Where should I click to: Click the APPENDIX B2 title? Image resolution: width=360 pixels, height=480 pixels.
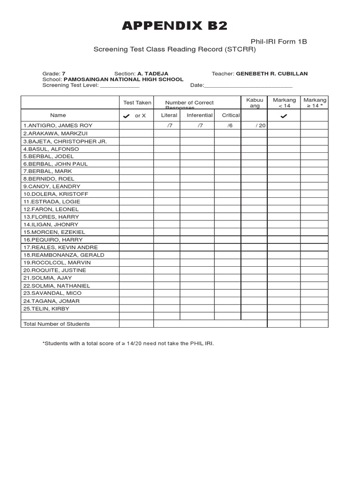coord(174,26)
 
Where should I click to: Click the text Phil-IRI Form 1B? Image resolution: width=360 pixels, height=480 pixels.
coord(279,42)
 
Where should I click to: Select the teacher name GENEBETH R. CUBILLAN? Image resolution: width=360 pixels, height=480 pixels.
coord(272,74)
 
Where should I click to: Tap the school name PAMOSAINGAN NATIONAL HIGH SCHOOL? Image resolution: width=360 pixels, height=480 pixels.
coord(123,79)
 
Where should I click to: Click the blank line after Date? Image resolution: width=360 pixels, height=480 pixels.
coord(248,86)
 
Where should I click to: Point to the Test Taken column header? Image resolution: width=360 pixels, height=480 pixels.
coord(137,103)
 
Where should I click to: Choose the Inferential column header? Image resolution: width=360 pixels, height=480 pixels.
coord(200,115)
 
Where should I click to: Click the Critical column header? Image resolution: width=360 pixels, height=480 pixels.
coord(231,115)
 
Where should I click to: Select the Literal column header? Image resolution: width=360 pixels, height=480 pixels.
coord(169,115)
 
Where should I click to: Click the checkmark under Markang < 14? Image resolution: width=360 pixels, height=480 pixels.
coord(284,116)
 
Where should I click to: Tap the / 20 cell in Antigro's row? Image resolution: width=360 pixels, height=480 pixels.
coord(261,126)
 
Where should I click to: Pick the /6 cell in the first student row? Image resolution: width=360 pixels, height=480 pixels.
coord(230,126)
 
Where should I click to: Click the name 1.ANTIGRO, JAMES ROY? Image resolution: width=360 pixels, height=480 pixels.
coord(58,126)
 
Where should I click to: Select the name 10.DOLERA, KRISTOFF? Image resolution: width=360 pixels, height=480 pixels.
coord(55,194)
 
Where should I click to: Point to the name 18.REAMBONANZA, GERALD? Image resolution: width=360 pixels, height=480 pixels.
coord(63,255)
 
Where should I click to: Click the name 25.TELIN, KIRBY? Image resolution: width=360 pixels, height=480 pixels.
coord(45,308)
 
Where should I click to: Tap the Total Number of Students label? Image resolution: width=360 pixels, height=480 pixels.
coord(56,324)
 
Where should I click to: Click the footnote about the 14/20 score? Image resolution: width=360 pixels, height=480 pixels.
coord(128,344)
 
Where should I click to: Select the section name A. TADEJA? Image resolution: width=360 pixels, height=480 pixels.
coord(153,74)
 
